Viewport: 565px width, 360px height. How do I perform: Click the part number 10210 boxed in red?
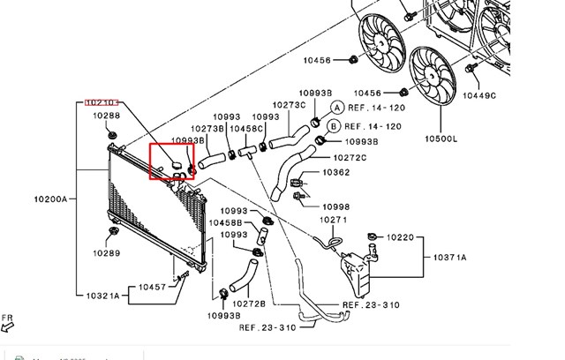point(102,102)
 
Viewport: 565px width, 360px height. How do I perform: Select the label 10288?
point(108,116)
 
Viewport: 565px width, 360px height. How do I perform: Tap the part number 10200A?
point(51,199)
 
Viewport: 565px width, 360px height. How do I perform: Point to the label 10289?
point(108,252)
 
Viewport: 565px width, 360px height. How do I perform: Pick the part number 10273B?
point(181,128)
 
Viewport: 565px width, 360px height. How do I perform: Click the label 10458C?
point(247,128)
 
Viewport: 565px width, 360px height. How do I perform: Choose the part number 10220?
point(400,236)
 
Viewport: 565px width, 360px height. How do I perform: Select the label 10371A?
point(450,257)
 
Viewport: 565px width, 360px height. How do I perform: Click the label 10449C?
point(480,94)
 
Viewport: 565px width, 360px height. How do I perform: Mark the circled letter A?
point(335,106)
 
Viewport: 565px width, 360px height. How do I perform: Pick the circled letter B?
point(334,126)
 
